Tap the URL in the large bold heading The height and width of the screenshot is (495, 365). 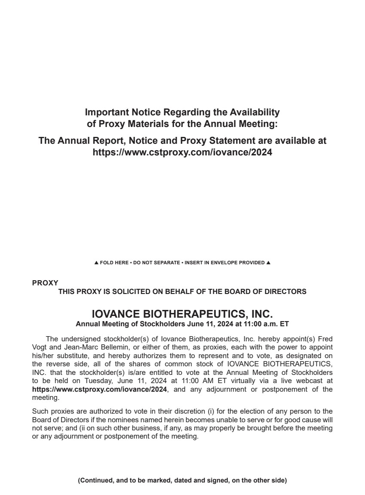(182, 152)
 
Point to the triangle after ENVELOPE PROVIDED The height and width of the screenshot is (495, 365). (268, 263)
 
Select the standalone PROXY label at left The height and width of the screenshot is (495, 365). (45, 283)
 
